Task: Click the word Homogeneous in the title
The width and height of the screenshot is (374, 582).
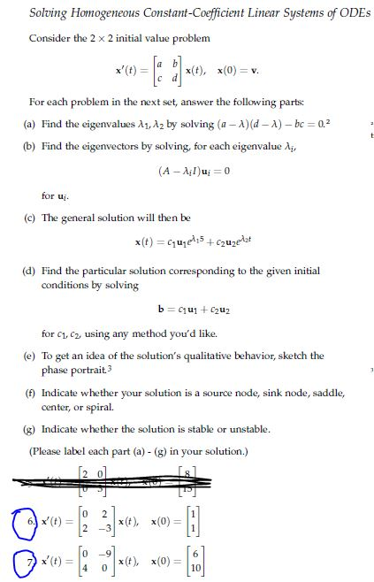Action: pos(103,12)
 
